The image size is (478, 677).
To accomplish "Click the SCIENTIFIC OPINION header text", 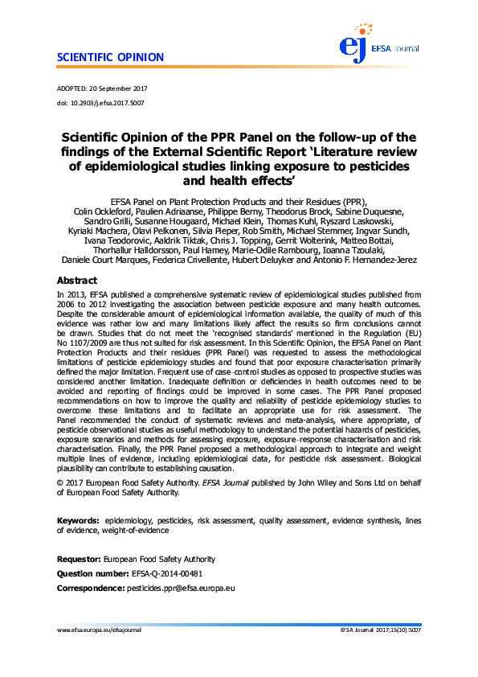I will [x=110, y=58].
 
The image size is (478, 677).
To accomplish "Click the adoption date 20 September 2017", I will [x=117, y=88].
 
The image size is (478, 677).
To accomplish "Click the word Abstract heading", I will [x=77, y=281].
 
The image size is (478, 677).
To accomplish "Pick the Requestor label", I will [x=78, y=559].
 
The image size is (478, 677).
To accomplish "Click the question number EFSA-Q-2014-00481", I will [x=166, y=574].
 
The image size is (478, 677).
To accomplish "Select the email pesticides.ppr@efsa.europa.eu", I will [x=180, y=589].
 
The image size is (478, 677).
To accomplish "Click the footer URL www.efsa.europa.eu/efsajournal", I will [x=99, y=631].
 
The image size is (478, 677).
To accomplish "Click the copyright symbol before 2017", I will [x=60, y=482].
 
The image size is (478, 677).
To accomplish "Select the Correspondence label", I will [x=90, y=589].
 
